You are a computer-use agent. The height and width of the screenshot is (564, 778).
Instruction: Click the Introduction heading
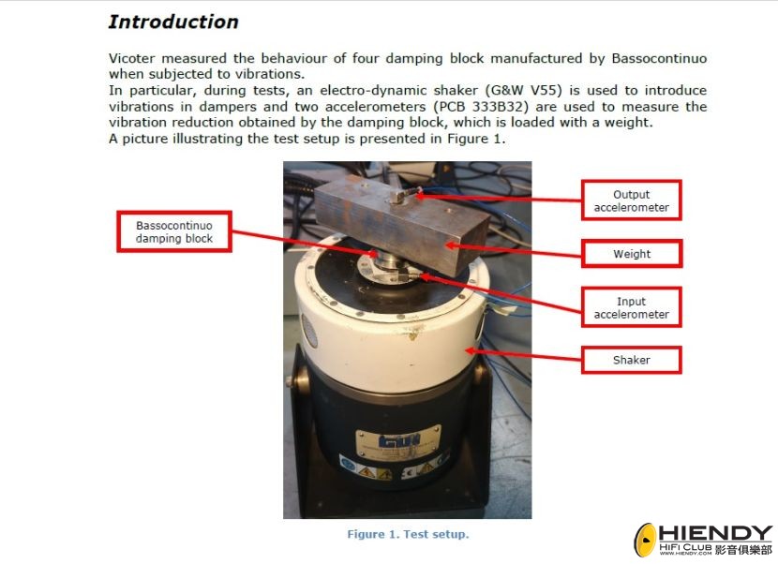[x=173, y=22]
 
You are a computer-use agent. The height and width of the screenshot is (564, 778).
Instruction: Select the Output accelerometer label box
[x=631, y=200]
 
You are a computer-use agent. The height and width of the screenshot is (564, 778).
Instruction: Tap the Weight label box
[x=632, y=254]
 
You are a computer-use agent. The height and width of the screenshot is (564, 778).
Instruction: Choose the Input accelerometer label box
[x=631, y=307]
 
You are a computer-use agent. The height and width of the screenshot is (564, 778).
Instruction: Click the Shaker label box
[x=631, y=360]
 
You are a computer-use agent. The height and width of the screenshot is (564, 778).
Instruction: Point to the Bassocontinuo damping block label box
[x=174, y=231]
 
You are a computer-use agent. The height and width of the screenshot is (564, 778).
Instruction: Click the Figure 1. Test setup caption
[x=408, y=534]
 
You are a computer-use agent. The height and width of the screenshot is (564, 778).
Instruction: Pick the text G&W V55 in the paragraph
[x=526, y=90]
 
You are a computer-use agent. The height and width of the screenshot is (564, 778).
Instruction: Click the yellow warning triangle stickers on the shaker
[x=376, y=472]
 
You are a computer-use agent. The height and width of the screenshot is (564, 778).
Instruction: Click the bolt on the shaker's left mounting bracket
[x=289, y=381]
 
